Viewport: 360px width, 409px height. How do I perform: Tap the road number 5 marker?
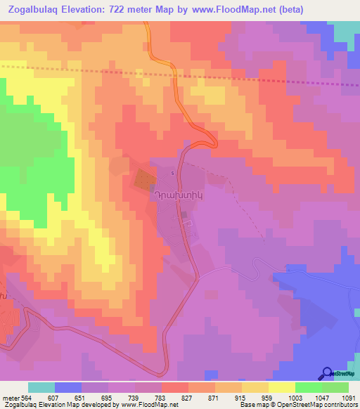tap(172, 172)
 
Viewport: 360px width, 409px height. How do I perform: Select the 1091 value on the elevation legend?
tap(349, 397)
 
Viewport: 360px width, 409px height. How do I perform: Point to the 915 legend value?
tap(241, 397)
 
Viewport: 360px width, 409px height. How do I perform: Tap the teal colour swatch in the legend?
tap(41, 387)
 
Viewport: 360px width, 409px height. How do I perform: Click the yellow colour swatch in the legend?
tap(282, 387)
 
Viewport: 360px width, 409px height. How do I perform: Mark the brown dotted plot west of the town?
tap(143, 178)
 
